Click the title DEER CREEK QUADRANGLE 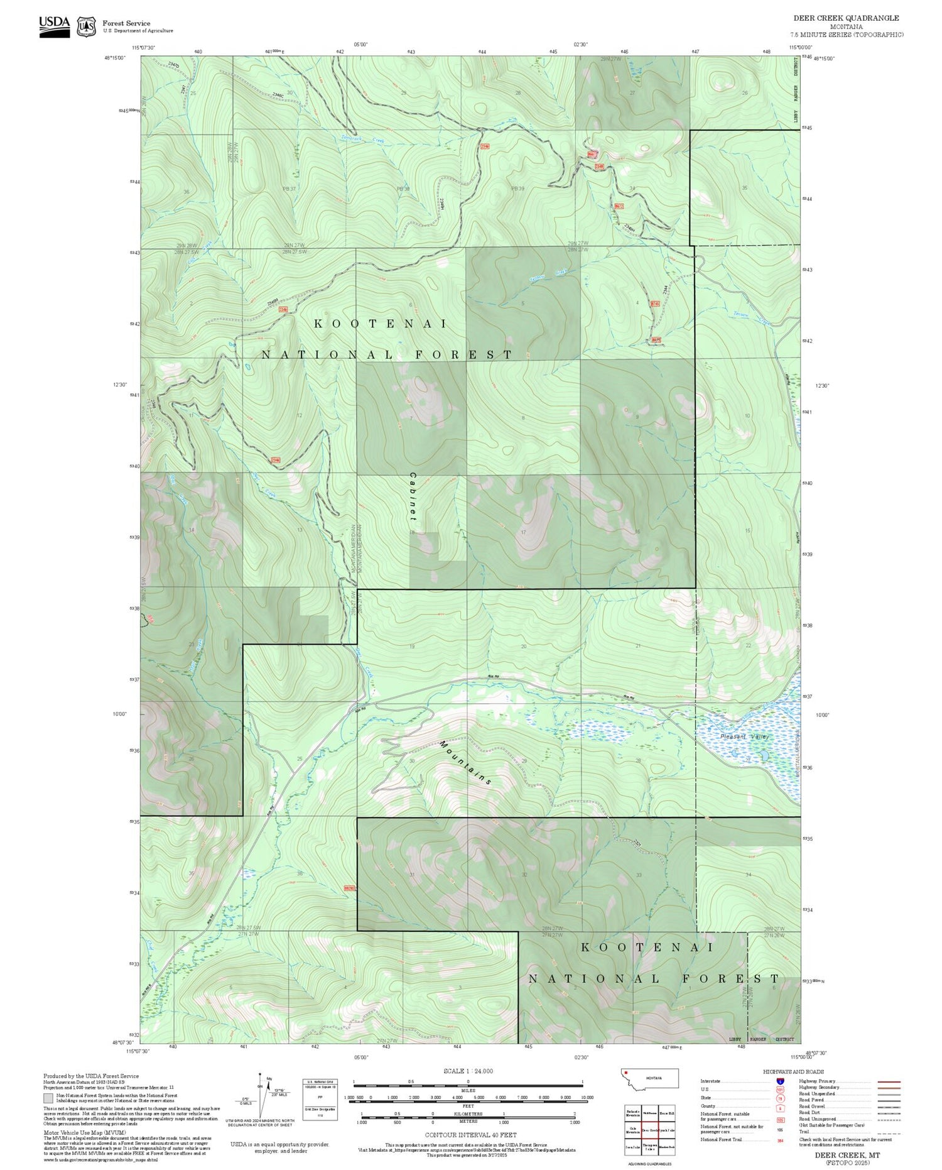[x=846, y=18]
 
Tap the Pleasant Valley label [x=744, y=736]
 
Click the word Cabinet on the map [x=413, y=496]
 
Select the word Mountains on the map [x=465, y=763]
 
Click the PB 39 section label [x=517, y=189]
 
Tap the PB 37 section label [x=289, y=189]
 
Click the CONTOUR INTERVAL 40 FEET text [x=470, y=1135]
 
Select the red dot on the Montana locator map [x=626, y=1073]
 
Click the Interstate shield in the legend [x=780, y=1081]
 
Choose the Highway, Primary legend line [x=816, y=1081]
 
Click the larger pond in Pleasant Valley [x=764, y=755]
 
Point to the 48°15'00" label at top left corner [x=115, y=58]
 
